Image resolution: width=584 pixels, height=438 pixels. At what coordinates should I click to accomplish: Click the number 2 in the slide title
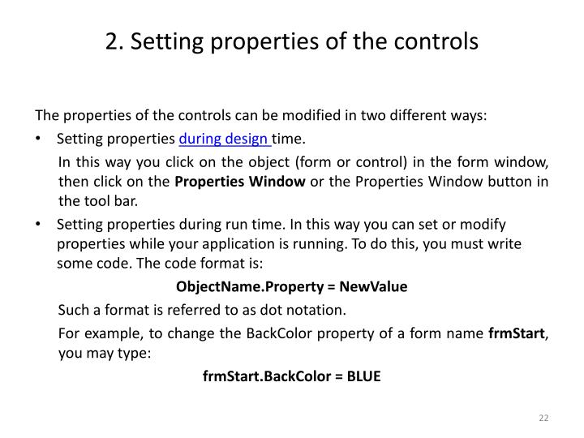pyautogui.click(x=111, y=40)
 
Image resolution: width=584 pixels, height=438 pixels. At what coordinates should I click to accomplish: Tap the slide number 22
pyautogui.click(x=543, y=418)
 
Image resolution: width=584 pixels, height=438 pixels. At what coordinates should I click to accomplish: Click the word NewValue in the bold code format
pyautogui.click(x=374, y=287)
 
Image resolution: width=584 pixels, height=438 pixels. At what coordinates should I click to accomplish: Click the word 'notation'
pyautogui.click(x=319, y=310)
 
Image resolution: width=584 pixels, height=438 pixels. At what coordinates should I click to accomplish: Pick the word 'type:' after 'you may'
pyautogui.click(x=135, y=354)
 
